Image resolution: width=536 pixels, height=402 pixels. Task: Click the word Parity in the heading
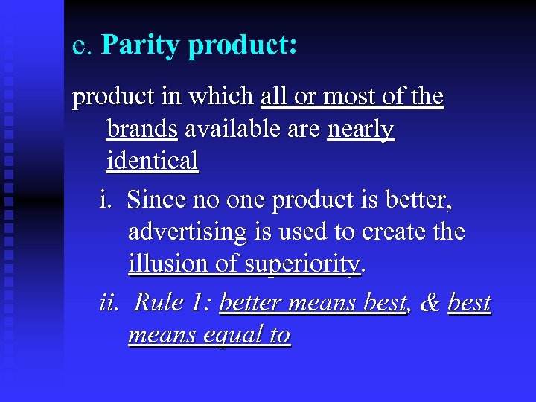[141, 45]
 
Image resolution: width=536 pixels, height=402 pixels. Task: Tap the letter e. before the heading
[81, 46]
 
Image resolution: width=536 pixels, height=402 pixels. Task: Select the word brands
[142, 130]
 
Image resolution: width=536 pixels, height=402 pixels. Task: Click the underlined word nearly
[360, 130]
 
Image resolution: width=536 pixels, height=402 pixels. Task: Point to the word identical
[153, 161]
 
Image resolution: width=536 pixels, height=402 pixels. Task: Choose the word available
[230, 130]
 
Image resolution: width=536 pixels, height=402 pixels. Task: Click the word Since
[156, 200]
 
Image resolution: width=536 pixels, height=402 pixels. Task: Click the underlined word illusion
[165, 264]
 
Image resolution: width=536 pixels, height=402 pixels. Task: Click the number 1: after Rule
[200, 302]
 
